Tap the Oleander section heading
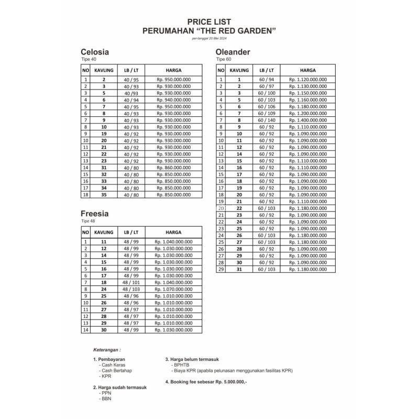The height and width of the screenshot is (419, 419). (233, 52)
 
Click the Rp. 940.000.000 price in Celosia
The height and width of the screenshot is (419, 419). (173, 100)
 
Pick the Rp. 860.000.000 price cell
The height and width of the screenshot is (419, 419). (173, 168)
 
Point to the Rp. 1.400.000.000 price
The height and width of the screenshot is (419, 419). (307, 120)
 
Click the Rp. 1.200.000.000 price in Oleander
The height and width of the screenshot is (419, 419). (307, 113)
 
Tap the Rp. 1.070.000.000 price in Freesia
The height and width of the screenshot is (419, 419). (173, 289)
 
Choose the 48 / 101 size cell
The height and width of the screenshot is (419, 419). (131, 282)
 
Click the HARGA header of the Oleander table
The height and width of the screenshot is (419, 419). (307, 70)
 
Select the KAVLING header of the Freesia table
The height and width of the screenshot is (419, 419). (104, 232)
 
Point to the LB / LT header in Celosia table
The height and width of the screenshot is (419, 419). (131, 70)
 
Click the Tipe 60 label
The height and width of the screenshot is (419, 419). (224, 60)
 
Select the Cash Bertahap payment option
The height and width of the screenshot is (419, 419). (116, 370)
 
